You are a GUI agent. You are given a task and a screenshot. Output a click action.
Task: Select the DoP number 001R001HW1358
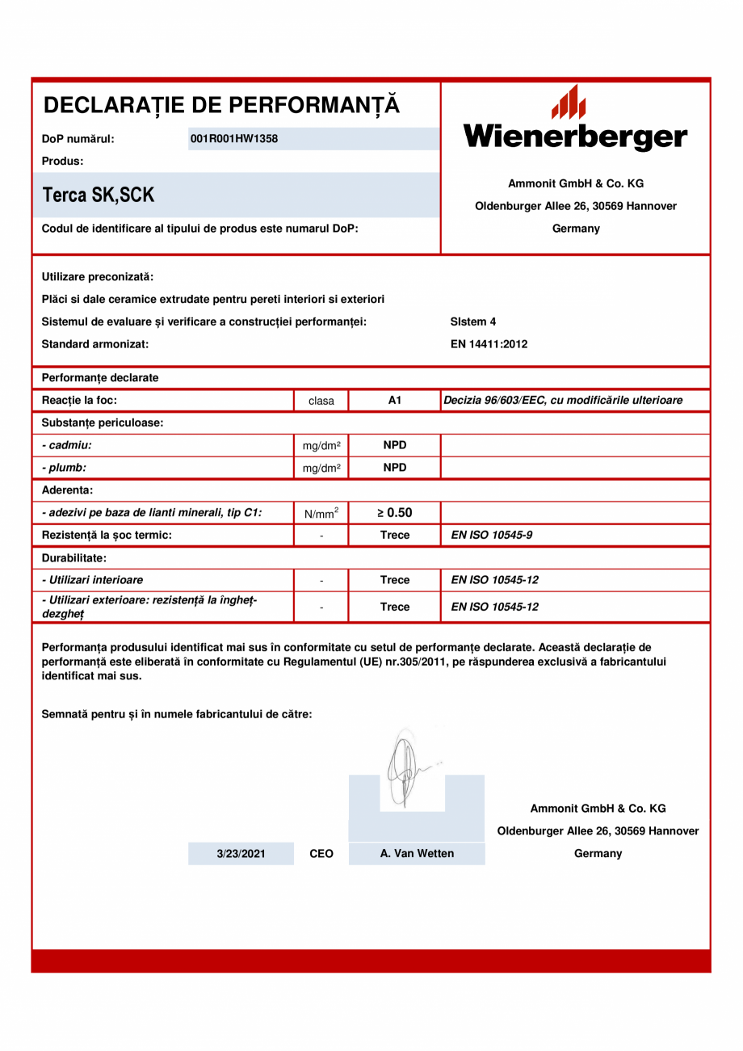(x=233, y=139)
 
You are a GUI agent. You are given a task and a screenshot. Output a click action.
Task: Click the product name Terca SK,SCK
(x=99, y=195)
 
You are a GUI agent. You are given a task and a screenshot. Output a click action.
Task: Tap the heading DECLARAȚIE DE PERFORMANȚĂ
(x=221, y=105)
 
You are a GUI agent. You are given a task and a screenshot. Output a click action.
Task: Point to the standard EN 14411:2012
(x=489, y=344)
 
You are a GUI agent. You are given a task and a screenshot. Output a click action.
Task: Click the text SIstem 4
(x=473, y=322)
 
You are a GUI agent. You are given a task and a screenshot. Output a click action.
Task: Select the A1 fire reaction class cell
(x=395, y=400)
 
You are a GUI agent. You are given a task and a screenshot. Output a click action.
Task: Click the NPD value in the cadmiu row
(x=395, y=445)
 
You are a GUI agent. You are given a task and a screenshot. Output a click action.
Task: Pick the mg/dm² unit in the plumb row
(x=321, y=468)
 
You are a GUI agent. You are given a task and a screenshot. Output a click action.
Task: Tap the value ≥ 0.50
(x=395, y=512)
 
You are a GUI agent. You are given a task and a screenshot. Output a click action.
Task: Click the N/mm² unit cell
(x=321, y=513)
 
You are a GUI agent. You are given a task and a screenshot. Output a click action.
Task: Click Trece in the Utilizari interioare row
(x=395, y=580)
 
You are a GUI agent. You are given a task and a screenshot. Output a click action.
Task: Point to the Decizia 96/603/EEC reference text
(x=563, y=400)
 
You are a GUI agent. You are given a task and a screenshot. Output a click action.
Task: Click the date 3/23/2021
(x=241, y=854)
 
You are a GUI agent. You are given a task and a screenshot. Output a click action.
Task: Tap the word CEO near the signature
(x=321, y=854)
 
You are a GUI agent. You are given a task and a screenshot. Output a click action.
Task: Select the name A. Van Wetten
(x=417, y=854)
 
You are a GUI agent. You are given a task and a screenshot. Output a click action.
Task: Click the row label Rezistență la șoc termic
(x=107, y=535)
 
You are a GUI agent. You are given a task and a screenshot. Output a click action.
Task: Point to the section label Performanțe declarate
(x=100, y=377)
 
